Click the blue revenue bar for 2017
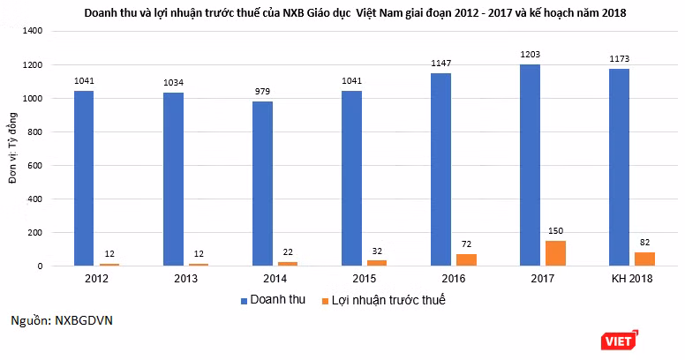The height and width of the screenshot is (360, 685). point(530,165)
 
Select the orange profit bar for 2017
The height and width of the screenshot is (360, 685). point(556,253)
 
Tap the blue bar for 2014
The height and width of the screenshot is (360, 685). point(262,184)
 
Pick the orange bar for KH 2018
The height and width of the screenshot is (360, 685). point(644,259)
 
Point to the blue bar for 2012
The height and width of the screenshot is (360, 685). point(84,178)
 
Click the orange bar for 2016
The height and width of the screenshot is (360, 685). point(467,260)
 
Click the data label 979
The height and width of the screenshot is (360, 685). point(262,91)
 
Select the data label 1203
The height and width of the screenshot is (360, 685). point(530,54)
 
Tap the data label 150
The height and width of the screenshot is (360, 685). point(556,230)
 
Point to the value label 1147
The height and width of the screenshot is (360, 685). point(440,64)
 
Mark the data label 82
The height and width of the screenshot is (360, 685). point(644,243)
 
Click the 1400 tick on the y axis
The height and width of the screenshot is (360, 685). point(33,31)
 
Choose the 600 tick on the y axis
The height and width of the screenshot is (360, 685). point(35,166)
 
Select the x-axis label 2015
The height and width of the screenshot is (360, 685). point(365,279)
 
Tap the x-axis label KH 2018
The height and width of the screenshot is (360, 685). point(632,279)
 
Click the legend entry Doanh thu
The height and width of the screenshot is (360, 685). point(273,300)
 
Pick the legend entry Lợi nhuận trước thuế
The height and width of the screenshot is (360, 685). point(384,300)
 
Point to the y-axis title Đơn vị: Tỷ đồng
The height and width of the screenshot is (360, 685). point(13,148)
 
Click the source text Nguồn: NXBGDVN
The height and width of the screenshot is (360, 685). point(62,320)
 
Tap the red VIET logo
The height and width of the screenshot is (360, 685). point(619,341)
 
